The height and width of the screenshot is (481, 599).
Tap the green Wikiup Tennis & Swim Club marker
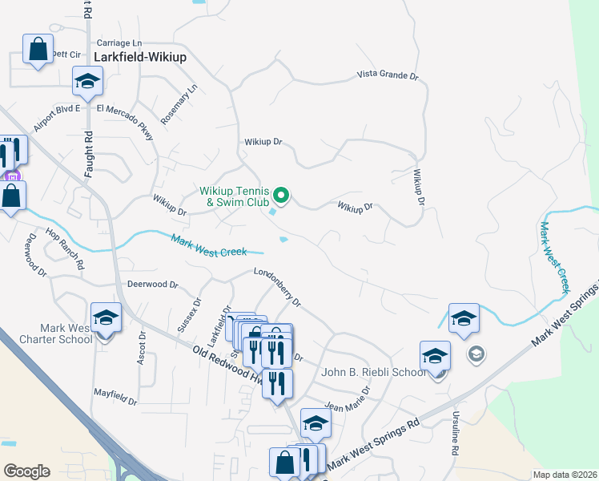281,195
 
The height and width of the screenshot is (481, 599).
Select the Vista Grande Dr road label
388,76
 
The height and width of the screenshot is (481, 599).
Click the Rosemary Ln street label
179,104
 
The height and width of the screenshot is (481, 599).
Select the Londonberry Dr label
277,287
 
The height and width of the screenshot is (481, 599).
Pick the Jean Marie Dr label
347,400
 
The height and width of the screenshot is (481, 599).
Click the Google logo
26,471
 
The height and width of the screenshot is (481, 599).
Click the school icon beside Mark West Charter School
106,317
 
